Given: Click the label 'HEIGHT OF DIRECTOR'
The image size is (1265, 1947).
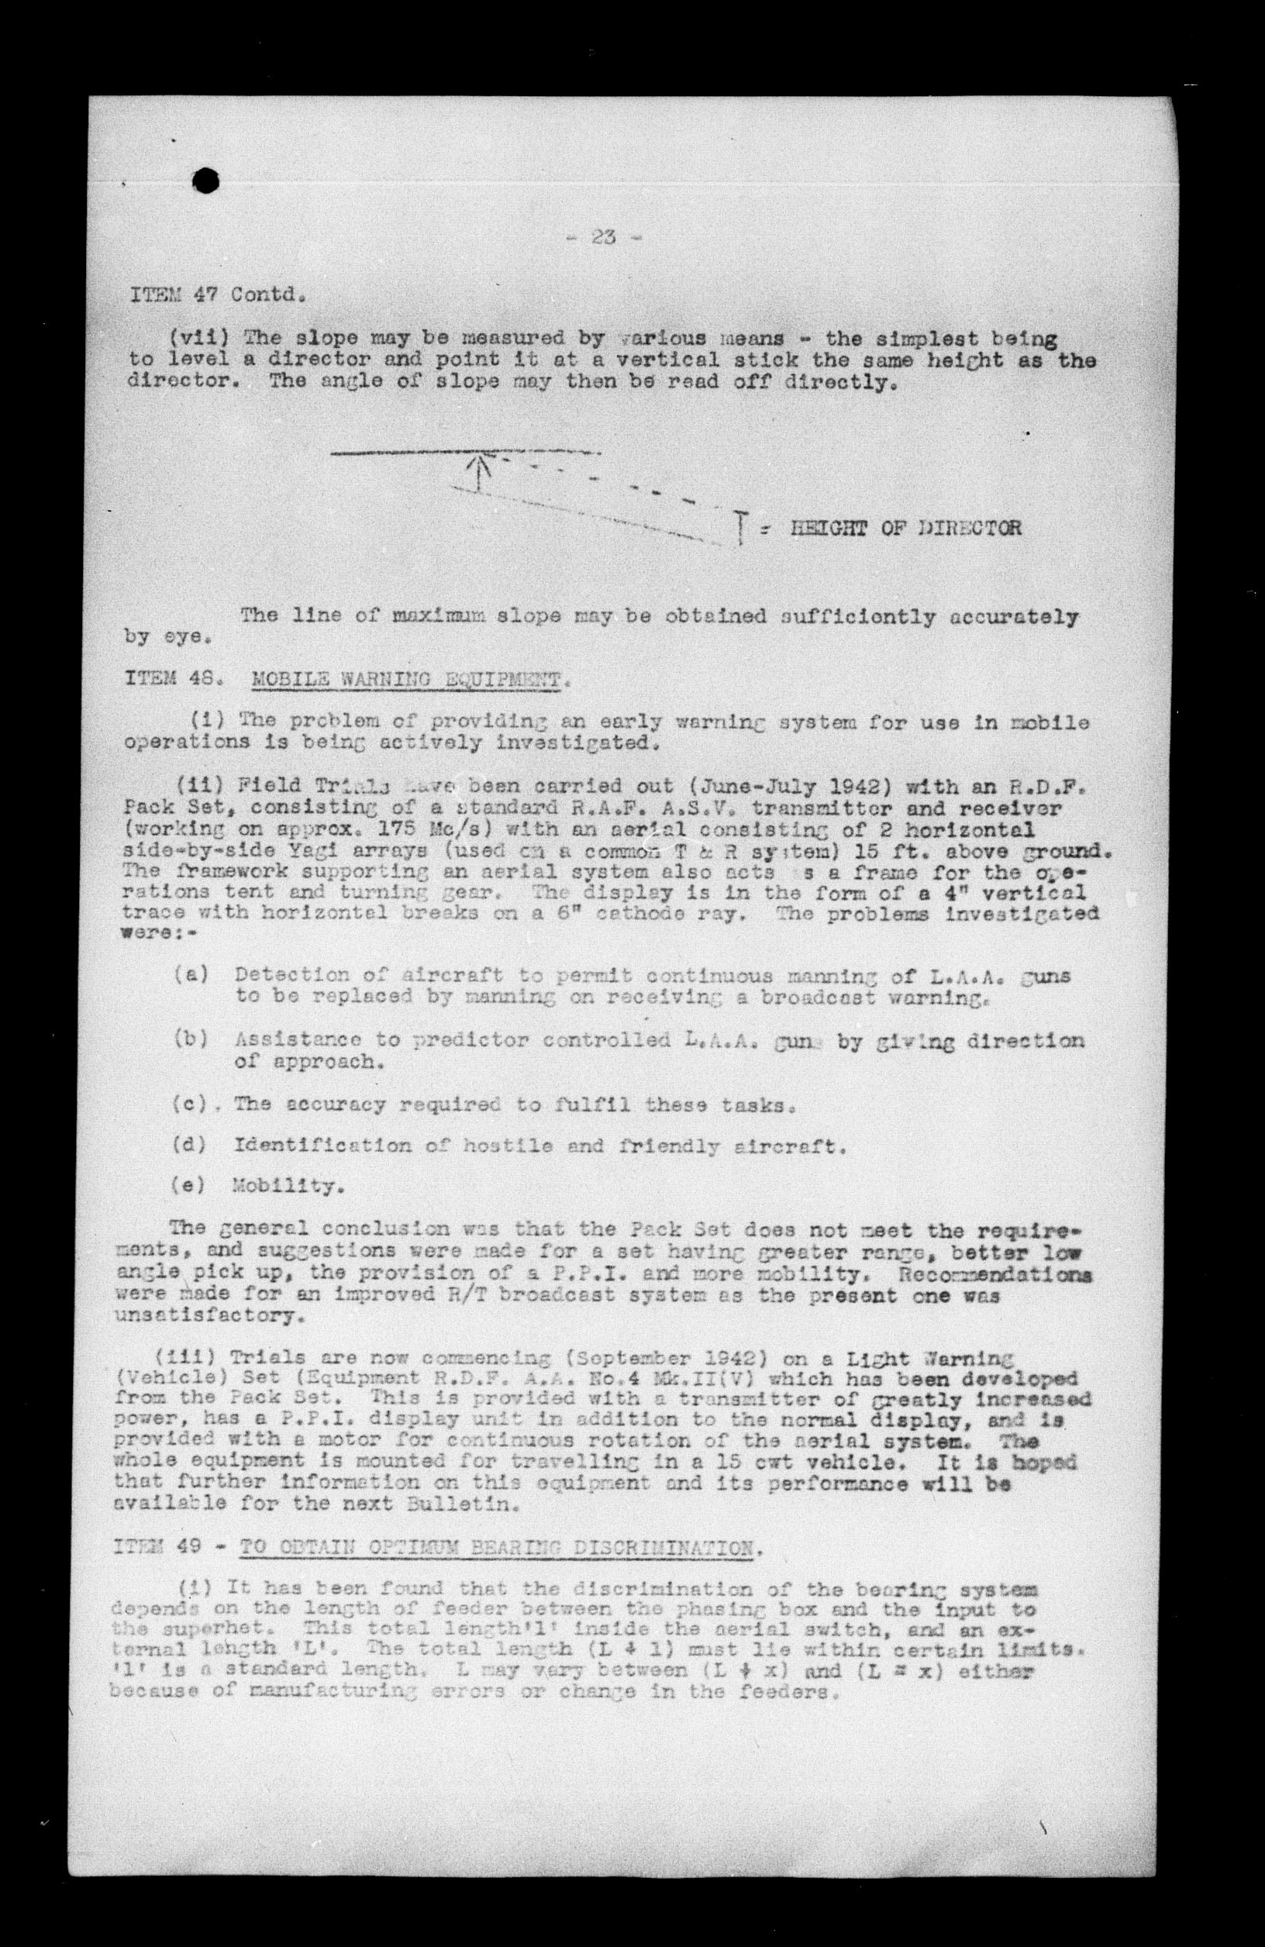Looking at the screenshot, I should [x=905, y=527].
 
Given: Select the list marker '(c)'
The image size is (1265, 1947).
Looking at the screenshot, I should [x=189, y=1104].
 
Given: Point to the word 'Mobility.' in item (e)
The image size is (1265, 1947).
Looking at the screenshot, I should [x=281, y=1184].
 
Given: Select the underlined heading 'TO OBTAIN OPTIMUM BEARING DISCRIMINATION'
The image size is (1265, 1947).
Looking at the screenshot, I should [x=495, y=1549].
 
